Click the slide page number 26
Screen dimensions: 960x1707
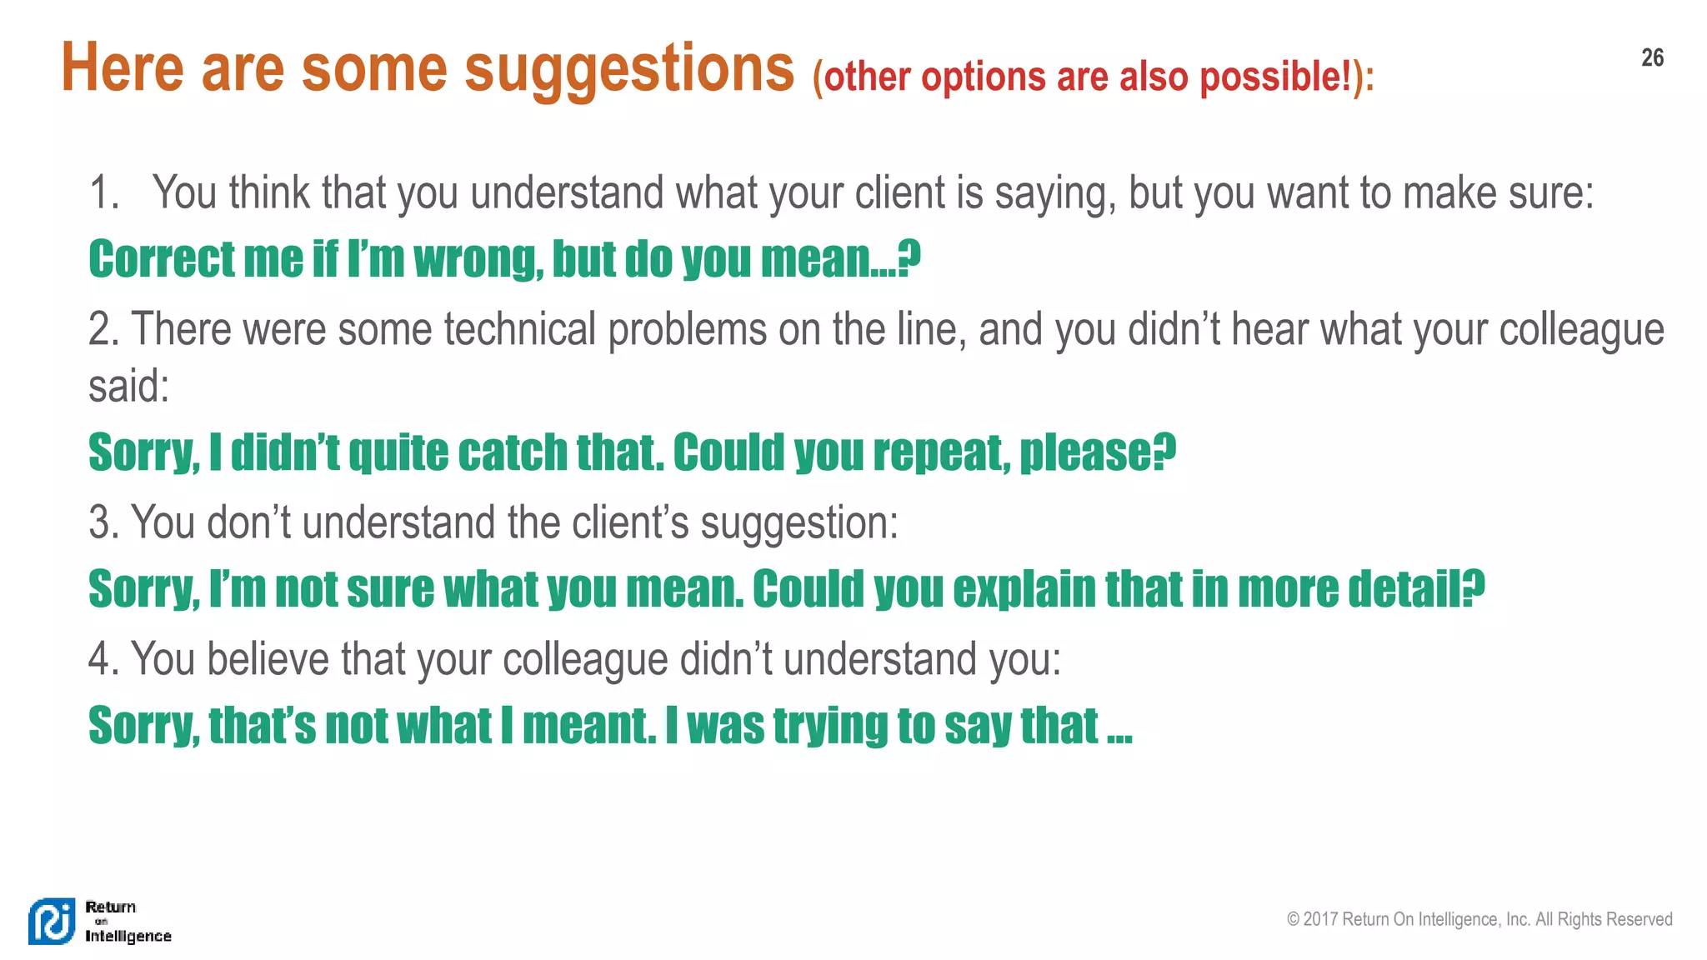click(1652, 57)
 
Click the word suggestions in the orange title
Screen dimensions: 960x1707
click(629, 69)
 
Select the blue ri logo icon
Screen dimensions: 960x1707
click(52, 922)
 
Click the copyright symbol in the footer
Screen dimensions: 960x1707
click(1293, 919)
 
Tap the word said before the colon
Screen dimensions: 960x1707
click(124, 386)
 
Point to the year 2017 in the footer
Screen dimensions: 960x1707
click(1320, 919)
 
